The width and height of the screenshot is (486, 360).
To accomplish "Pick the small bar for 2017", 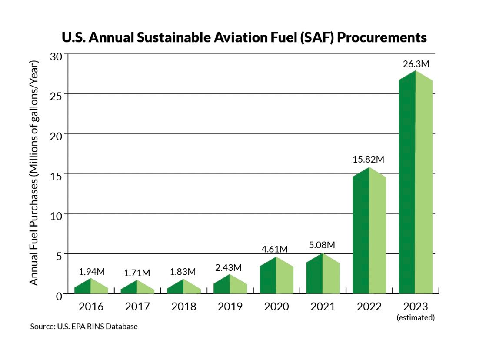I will tap(137, 288).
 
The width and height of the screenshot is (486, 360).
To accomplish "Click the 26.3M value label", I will tap(416, 64).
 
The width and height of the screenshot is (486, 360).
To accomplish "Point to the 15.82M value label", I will tap(369, 159).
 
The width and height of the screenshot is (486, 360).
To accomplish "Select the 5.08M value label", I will tap(322, 245).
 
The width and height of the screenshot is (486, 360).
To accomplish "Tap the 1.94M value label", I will tap(92, 272).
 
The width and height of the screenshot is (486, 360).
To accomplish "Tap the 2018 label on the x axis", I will tap(183, 307).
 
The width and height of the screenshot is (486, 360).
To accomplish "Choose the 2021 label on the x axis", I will tap(323, 307).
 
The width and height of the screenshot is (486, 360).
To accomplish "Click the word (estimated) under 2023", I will tap(416, 318).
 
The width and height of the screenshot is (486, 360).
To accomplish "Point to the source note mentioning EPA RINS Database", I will tap(84, 326).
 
